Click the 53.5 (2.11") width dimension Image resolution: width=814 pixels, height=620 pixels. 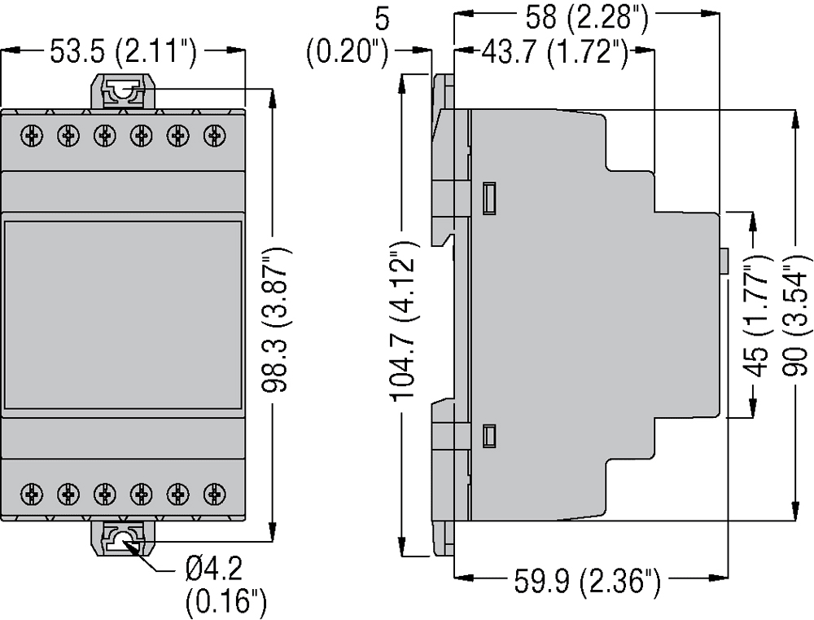[x=123, y=53]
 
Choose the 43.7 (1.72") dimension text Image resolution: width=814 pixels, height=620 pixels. [x=554, y=54]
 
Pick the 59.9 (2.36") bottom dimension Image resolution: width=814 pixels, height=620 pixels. [x=586, y=583]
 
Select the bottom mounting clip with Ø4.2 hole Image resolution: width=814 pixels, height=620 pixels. [x=123, y=539]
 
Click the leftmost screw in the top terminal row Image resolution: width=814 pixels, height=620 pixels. [x=32, y=134]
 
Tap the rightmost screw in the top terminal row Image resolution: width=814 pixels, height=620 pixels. [x=214, y=134]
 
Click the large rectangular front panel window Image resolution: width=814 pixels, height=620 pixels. [x=123, y=314]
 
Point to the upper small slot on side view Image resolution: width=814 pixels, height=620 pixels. [x=489, y=197]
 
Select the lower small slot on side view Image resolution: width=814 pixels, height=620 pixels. [x=489, y=436]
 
